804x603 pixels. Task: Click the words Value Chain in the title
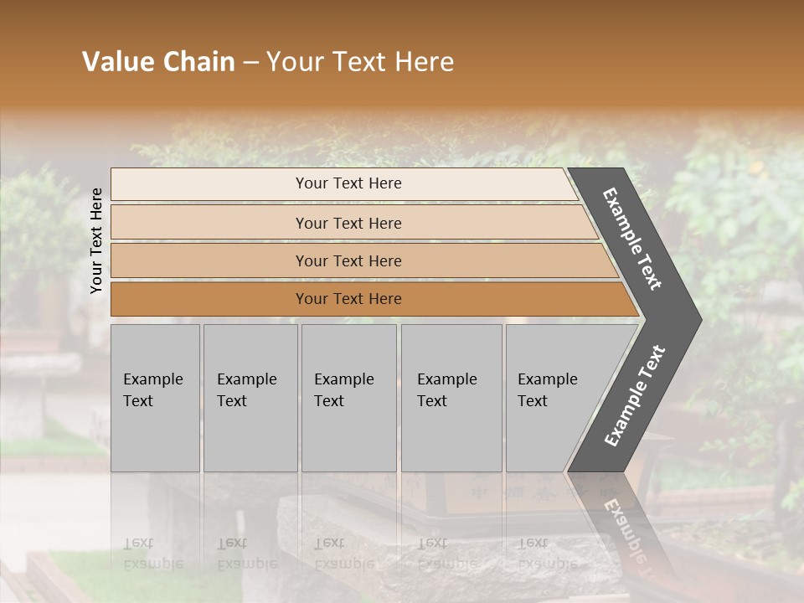tap(158, 62)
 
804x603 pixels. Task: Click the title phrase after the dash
tap(360, 62)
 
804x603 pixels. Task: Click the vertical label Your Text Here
tap(96, 240)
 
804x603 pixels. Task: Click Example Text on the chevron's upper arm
tap(632, 239)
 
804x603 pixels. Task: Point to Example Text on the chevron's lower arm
tap(634, 396)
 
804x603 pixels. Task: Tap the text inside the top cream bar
tap(348, 183)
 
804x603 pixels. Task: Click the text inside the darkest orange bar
tap(348, 299)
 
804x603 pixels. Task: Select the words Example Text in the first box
tap(152, 389)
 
